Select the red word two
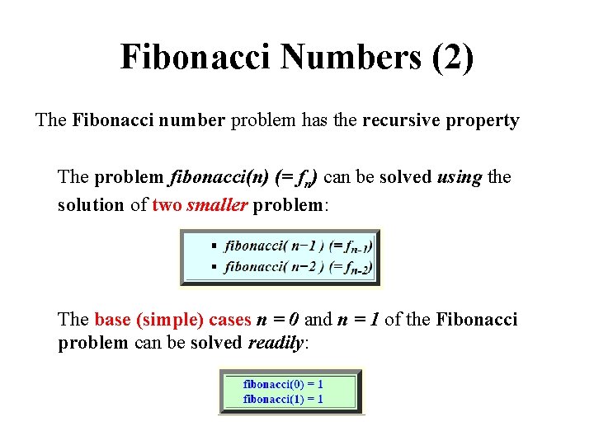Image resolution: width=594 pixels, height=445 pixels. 167,204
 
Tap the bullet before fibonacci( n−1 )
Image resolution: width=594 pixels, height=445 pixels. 214,246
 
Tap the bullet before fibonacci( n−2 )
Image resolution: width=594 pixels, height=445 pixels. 214,266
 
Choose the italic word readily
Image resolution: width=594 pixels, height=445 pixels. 276,342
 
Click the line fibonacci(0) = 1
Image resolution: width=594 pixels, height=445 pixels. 283,384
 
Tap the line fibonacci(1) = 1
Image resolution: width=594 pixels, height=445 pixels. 283,399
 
